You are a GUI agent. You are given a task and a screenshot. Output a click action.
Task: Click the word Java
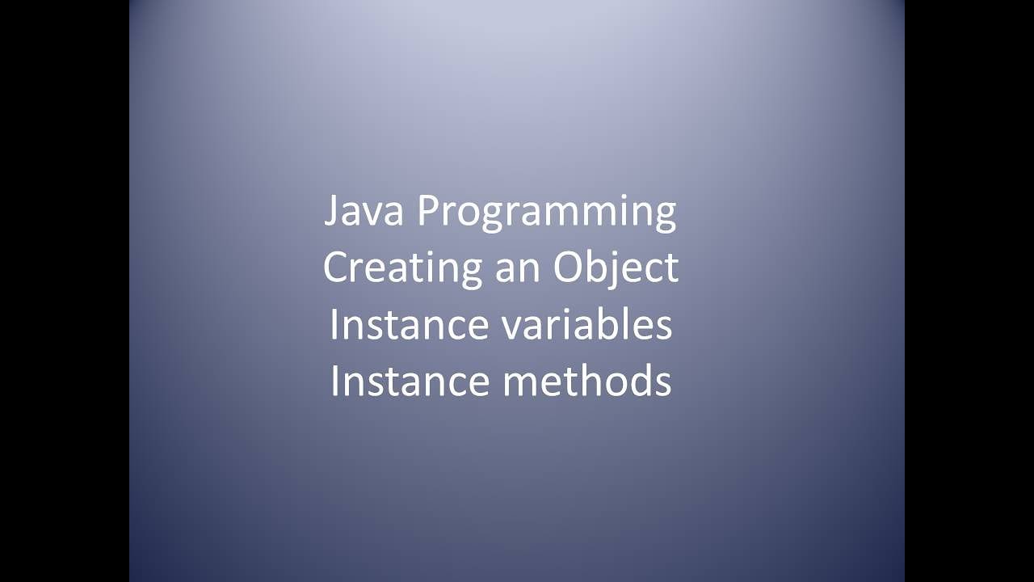(x=365, y=211)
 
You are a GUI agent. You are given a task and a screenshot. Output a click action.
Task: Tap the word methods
(x=587, y=382)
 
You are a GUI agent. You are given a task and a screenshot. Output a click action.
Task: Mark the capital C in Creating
(x=335, y=268)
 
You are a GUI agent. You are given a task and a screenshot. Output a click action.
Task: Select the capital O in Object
(x=569, y=268)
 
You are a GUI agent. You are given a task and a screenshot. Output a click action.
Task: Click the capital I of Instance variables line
(x=334, y=325)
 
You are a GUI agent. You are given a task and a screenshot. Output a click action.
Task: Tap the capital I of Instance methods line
(x=334, y=382)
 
